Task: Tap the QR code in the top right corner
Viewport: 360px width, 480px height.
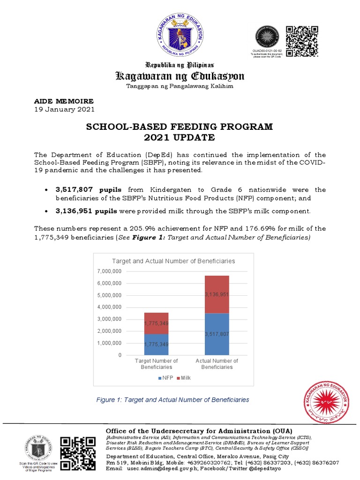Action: point(302,42)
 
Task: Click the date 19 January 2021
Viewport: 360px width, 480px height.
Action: point(65,109)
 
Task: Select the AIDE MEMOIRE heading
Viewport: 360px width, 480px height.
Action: point(64,101)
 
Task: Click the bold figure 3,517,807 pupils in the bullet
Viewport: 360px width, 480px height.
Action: point(88,189)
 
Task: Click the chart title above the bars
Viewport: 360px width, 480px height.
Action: point(173,261)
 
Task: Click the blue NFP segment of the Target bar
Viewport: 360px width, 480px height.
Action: point(156,345)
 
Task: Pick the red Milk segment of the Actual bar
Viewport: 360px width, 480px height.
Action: point(217,294)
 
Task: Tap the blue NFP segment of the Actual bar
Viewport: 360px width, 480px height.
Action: point(217,334)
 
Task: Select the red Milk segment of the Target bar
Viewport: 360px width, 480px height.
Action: point(156,323)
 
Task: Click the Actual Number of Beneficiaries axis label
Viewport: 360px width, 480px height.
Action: point(217,364)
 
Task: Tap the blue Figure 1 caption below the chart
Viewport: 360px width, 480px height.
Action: point(172,400)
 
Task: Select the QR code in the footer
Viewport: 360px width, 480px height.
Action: point(78,453)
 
